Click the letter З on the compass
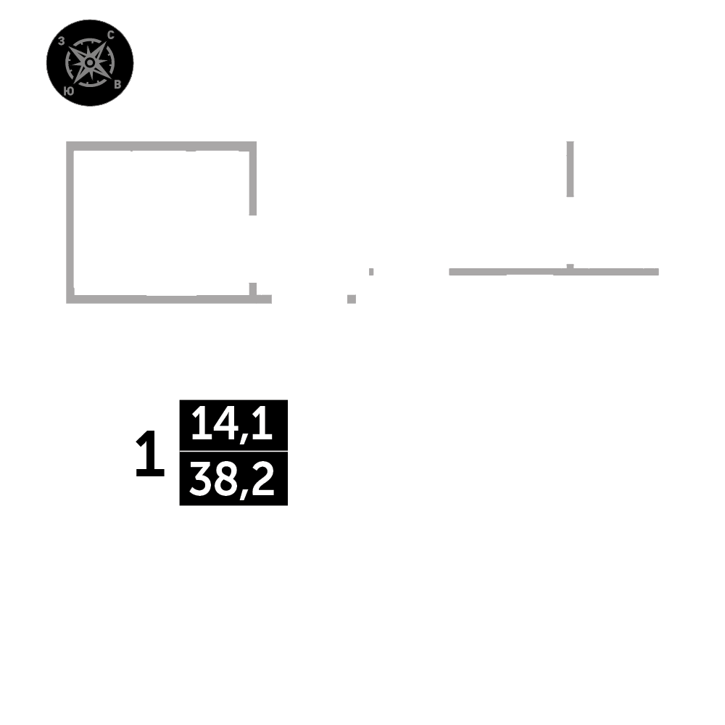coord(62,42)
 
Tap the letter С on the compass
coord(110,35)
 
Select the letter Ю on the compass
coord(67,91)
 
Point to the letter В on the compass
coord(117,84)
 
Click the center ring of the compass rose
coord(89,63)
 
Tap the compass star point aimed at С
coord(104,46)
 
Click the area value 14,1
coord(232,425)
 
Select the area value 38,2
coord(232,479)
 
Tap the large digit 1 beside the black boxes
coord(150,455)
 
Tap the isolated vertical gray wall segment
coord(570,168)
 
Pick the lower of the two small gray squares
coord(352,299)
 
